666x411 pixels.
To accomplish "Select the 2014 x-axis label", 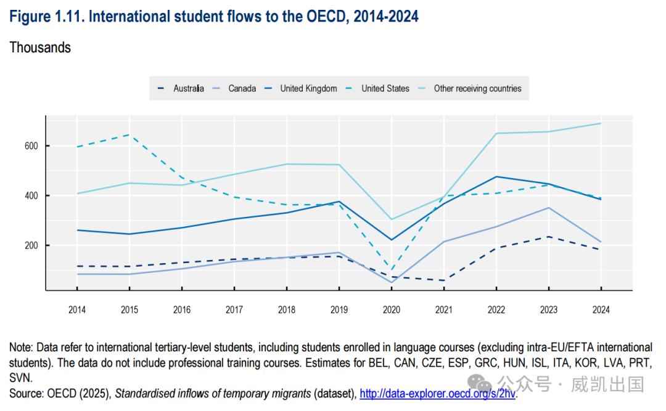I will [77, 310].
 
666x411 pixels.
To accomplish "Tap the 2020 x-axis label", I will [391, 310].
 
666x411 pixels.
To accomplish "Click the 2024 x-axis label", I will [601, 310].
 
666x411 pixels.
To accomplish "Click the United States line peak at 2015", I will [129, 134].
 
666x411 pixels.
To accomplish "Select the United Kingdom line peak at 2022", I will [496, 177].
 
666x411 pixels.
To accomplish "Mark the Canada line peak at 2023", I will [548, 208].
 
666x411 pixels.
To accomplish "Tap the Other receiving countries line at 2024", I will [601, 123].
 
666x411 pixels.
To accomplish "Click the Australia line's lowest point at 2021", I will [443, 280].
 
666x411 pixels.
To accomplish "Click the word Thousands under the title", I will [40, 47].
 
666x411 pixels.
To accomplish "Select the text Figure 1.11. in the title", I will [46, 17].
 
